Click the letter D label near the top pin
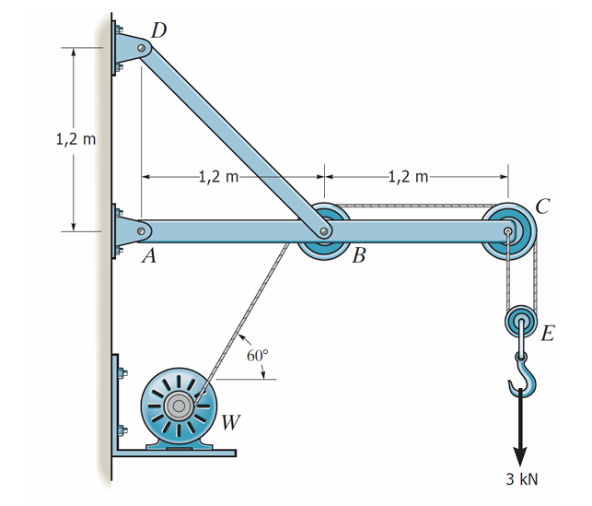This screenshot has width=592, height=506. point(159,29)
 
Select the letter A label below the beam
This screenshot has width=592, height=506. point(147,258)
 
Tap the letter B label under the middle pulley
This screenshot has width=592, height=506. point(359,255)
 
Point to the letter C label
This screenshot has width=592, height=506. point(543,206)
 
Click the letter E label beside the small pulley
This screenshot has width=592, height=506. point(547,334)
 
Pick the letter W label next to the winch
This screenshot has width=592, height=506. point(232,423)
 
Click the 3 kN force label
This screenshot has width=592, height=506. point(521,478)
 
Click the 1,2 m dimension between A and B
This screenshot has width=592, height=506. point(218,175)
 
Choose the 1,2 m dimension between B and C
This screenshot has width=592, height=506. point(407,175)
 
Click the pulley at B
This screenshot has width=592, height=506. point(323,231)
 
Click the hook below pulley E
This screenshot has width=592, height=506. point(521,375)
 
